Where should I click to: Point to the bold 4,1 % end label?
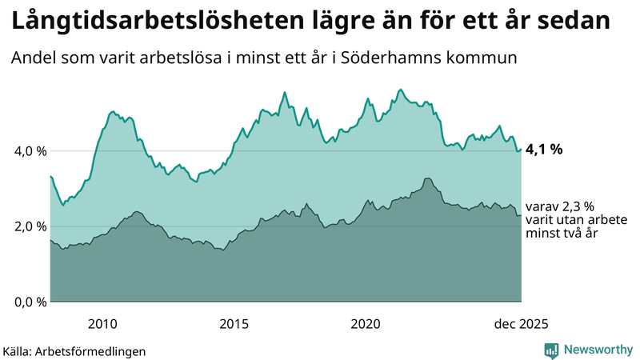point(545,149)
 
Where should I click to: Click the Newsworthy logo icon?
point(551,350)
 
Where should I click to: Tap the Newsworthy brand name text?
point(596,350)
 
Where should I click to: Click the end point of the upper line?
point(522,149)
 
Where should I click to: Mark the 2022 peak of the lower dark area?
point(428,178)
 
